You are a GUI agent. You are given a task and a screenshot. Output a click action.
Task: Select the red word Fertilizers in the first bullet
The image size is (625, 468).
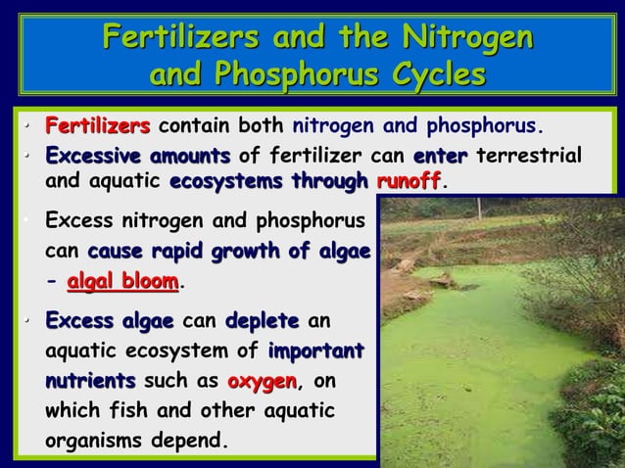(98, 126)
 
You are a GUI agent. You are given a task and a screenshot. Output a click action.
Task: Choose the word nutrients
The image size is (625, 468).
(91, 379)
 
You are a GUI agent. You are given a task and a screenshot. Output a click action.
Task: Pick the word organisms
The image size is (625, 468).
(93, 438)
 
